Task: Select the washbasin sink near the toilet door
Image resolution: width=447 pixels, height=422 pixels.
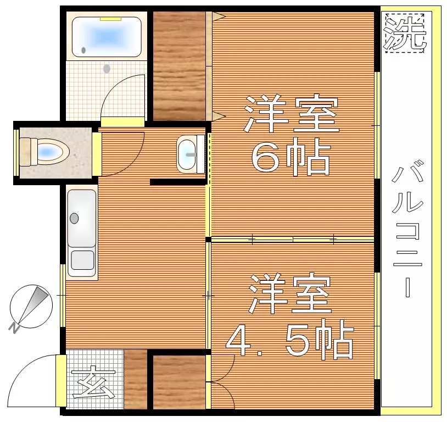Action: pyautogui.click(x=187, y=154)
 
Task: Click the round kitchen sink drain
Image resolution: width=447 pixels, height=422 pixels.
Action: pyautogui.click(x=74, y=218)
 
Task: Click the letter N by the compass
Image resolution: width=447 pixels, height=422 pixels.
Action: pyautogui.click(x=14, y=329)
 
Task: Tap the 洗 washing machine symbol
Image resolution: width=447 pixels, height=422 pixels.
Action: pyautogui.click(x=405, y=33)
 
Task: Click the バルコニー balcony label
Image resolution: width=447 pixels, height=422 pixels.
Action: pyautogui.click(x=407, y=229)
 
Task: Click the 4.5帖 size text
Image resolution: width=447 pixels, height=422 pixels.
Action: pyautogui.click(x=289, y=339)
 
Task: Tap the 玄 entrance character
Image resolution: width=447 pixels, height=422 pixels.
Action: pyautogui.click(x=93, y=382)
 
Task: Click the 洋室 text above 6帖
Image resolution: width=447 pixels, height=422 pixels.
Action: pyautogui.click(x=291, y=114)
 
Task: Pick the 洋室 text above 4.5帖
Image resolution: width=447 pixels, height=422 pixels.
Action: pyautogui.click(x=290, y=293)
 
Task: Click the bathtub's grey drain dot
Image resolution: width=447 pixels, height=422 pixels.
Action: pyautogui.click(x=83, y=50)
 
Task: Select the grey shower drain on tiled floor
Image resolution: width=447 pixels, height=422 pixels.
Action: pyautogui.click(x=107, y=69)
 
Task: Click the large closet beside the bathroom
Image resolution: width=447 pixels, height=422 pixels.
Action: pyautogui.click(x=180, y=66)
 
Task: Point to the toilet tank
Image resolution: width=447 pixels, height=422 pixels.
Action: pyautogui.click(x=25, y=152)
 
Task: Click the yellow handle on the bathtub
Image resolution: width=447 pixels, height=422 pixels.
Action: pyautogui.click(x=110, y=19)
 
